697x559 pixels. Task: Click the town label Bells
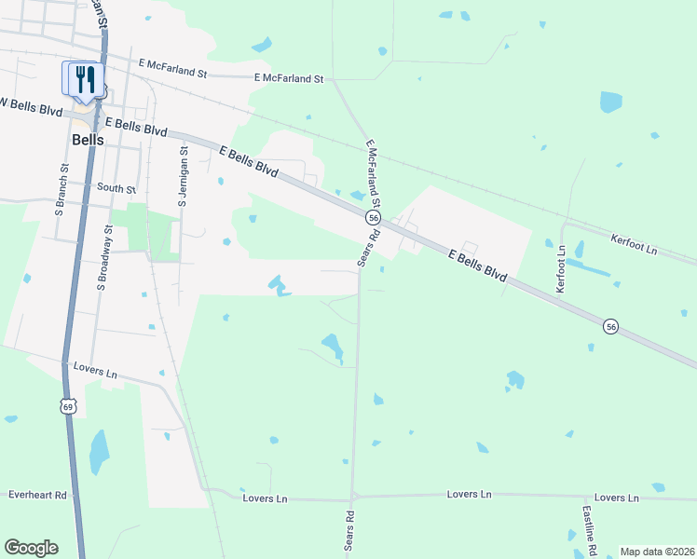pyautogui.click(x=88, y=140)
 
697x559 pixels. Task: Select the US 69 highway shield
pyautogui.click(x=67, y=405)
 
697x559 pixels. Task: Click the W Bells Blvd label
pyautogui.click(x=31, y=106)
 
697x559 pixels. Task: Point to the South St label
pyautogui.click(x=116, y=188)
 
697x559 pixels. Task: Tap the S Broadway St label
pyautogui.click(x=104, y=256)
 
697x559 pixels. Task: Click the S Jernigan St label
pyautogui.click(x=184, y=175)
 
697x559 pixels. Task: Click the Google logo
pyautogui.click(x=31, y=548)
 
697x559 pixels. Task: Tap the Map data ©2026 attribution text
pyautogui.click(x=657, y=552)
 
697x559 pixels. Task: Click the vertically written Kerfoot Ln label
pyautogui.click(x=561, y=269)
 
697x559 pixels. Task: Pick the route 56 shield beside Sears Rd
pyautogui.click(x=373, y=217)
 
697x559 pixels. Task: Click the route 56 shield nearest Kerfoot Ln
pyautogui.click(x=610, y=326)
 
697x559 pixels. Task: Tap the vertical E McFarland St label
pyautogui.click(x=375, y=177)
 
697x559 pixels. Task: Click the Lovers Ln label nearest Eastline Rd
pyautogui.click(x=617, y=498)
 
